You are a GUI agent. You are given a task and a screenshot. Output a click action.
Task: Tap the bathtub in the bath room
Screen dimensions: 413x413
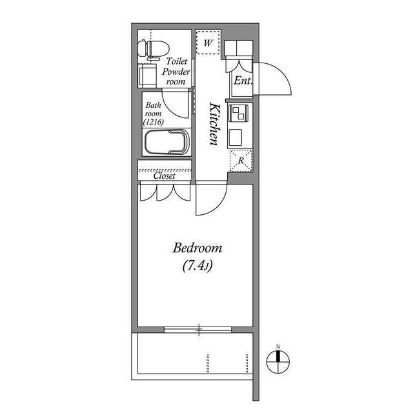[x=166, y=141]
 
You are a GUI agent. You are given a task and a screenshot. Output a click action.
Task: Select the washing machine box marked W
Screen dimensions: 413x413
[x=208, y=43]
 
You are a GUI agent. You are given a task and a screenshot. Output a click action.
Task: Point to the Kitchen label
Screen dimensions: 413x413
[x=215, y=124]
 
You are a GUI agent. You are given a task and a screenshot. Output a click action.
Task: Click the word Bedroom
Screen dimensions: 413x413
[x=197, y=248]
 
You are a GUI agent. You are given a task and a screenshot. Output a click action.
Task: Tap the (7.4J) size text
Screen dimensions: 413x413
[x=197, y=265]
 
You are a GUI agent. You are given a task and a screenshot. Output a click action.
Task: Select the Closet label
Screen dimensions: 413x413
[x=164, y=175]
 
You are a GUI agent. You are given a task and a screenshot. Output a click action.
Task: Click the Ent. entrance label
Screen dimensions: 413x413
[x=242, y=81]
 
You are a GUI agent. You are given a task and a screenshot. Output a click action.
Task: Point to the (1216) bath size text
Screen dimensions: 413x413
[x=154, y=121]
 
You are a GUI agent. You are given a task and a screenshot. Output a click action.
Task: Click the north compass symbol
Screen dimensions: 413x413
[x=278, y=362]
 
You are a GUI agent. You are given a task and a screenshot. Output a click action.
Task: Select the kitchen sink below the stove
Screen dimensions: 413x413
[x=236, y=137]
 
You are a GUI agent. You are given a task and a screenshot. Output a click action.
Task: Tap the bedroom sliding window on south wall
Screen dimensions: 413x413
[x=199, y=329]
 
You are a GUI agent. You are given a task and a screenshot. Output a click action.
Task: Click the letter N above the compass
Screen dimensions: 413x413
[x=278, y=347]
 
